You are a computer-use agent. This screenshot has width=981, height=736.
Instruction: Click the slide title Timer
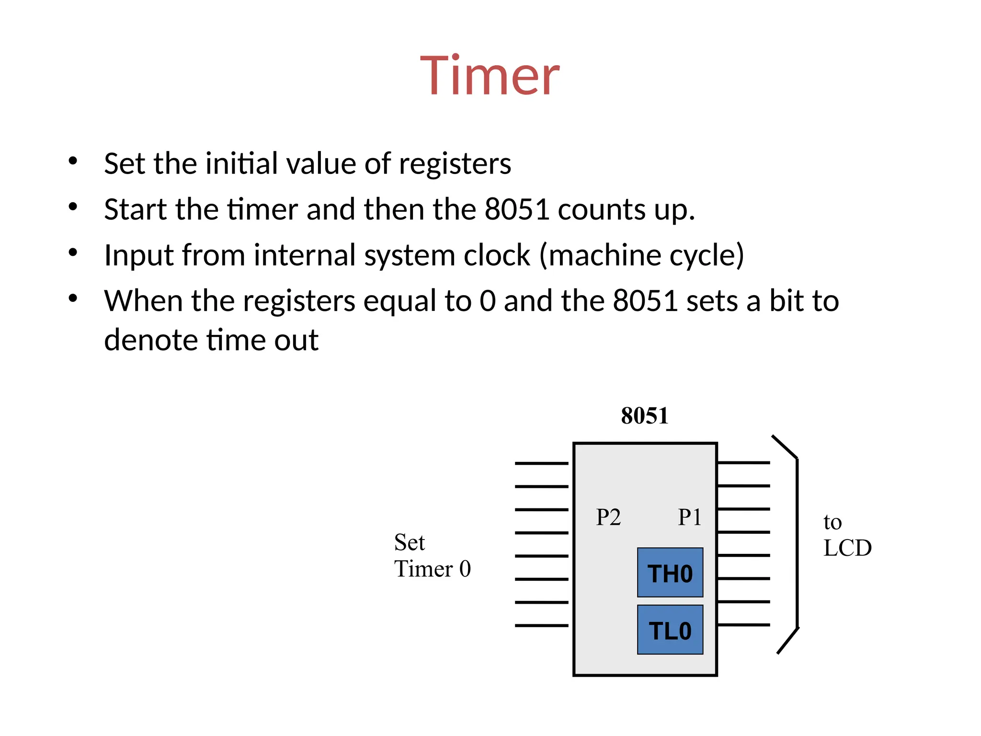click(x=490, y=76)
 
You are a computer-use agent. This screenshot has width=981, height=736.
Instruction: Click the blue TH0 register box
click(x=670, y=573)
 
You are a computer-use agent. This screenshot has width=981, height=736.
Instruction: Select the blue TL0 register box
click(x=670, y=630)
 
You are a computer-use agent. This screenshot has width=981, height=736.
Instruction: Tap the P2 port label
click(x=608, y=517)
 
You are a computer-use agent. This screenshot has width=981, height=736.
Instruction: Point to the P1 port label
click(x=689, y=517)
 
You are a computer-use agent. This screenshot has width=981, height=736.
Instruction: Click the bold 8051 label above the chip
click(x=644, y=415)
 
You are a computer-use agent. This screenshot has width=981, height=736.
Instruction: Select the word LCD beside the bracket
click(x=847, y=548)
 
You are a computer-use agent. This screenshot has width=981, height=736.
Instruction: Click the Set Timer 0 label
click(x=432, y=556)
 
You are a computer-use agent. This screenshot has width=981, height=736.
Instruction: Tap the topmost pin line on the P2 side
click(x=541, y=463)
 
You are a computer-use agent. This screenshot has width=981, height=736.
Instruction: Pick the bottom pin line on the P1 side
click(x=743, y=625)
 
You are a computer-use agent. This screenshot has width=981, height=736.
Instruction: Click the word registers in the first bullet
click(x=455, y=164)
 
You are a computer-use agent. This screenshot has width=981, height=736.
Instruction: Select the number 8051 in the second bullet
click(x=516, y=209)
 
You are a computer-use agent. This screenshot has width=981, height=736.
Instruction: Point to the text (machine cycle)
click(x=642, y=255)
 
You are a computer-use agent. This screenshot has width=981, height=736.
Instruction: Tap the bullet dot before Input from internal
click(x=73, y=253)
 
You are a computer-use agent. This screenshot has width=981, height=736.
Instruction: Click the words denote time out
click(x=211, y=340)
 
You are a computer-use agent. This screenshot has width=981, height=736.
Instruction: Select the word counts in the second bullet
click(x=602, y=209)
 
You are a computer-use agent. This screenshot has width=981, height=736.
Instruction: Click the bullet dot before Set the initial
click(x=73, y=161)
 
